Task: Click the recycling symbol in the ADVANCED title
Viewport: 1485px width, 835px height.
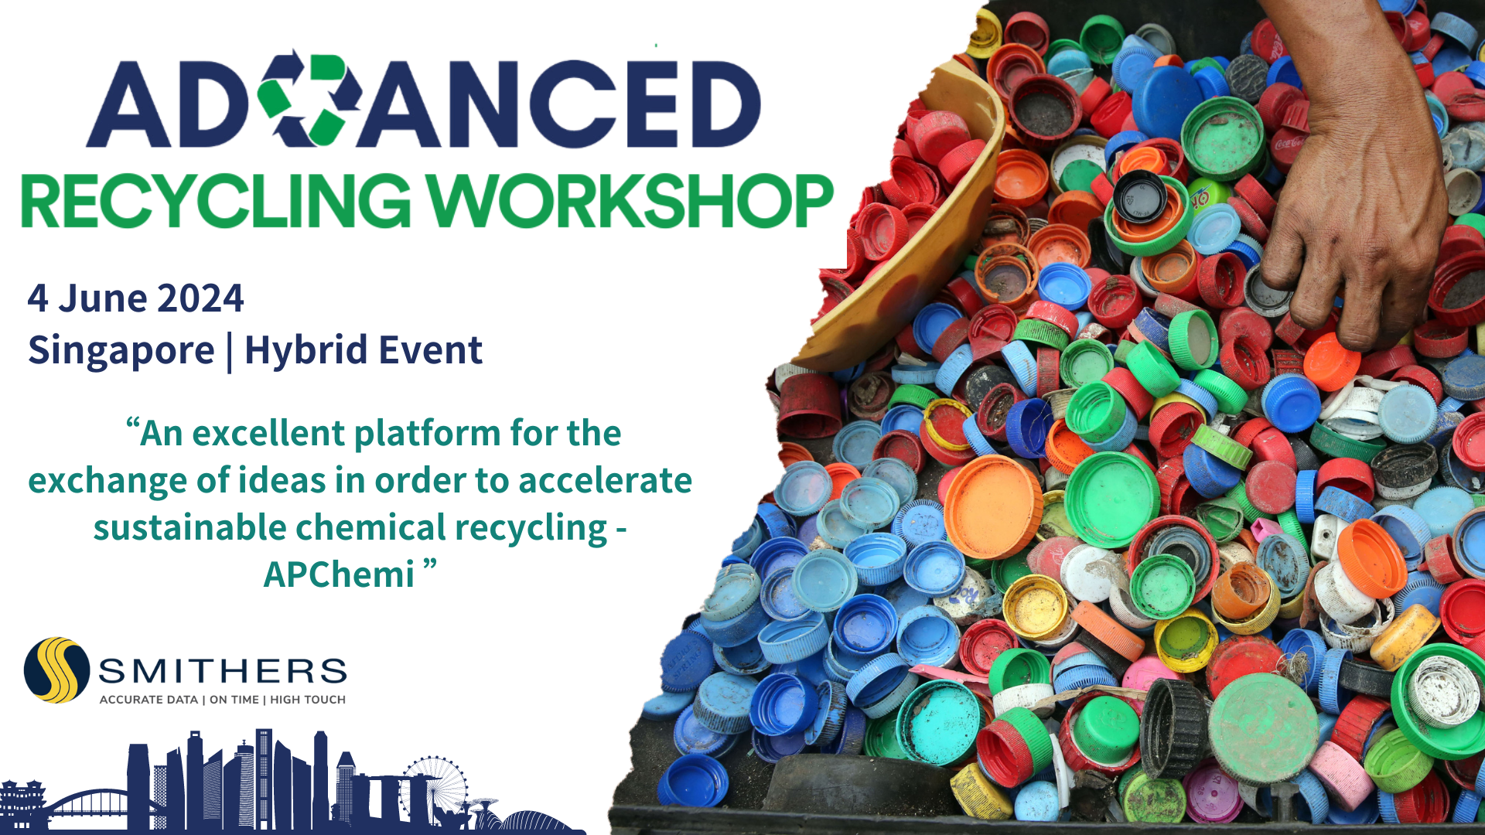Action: (309, 99)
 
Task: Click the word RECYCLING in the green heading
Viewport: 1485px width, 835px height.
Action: (216, 200)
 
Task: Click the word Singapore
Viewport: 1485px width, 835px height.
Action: (121, 351)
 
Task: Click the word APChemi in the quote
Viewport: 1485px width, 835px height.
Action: (339, 574)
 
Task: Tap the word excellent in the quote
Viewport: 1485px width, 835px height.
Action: (268, 433)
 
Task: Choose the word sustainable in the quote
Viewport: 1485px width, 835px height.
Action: (190, 527)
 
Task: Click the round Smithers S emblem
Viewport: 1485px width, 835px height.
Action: (56, 670)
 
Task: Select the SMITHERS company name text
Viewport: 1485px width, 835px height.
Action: (223, 671)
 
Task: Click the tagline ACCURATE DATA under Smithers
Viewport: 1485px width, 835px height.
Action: (148, 700)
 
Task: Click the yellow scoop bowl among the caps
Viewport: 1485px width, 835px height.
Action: (913, 216)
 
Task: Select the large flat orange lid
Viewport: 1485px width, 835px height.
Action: (993, 506)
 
